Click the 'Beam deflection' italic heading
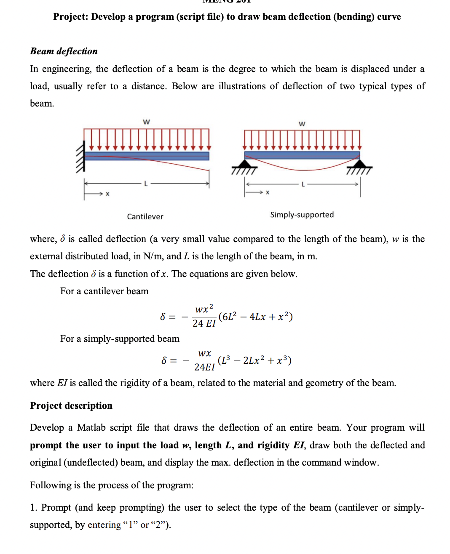[64, 51]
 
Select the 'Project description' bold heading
[71, 405]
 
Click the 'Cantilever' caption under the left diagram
[145, 216]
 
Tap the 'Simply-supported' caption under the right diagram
[302, 215]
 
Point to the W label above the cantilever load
[146, 122]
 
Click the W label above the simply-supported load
[302, 124]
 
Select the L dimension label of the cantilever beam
[146, 184]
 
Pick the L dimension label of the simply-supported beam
[303, 184]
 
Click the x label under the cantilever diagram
[107, 194]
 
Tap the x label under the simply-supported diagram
[268, 192]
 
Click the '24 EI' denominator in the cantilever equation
[204, 323]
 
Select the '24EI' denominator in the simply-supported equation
[204, 367]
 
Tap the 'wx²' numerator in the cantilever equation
[204, 309]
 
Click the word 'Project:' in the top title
[70, 17]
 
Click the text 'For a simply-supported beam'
[120, 339]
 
